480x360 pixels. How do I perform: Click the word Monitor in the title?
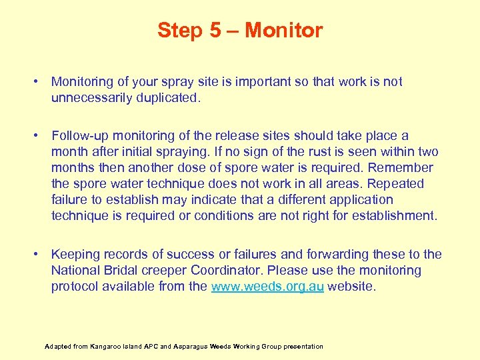point(284,30)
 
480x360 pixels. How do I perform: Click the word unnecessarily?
point(90,98)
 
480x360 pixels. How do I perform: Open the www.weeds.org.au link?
point(267,287)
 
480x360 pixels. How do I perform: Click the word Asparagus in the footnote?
point(191,347)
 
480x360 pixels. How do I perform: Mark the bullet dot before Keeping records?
point(41,255)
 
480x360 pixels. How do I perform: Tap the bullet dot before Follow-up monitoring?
point(41,136)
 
